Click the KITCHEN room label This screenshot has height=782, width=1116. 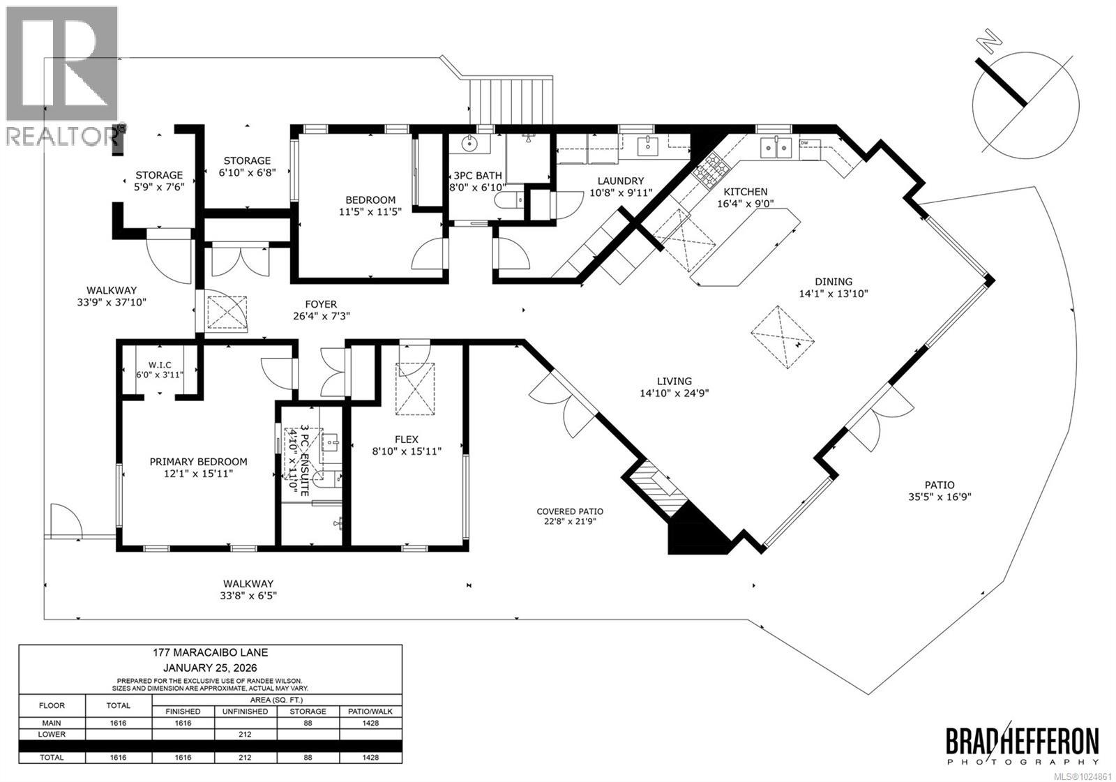[745, 192]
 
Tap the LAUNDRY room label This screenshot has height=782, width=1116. [616, 181]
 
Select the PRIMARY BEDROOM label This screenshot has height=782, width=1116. [199, 462]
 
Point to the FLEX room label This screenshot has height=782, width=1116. [407, 439]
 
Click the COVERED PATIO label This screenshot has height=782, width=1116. [570, 511]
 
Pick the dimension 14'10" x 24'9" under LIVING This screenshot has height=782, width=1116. [674, 393]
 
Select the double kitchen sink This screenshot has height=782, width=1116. [776, 147]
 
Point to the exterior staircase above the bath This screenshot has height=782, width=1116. [512, 101]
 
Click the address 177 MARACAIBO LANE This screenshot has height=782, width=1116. [210, 653]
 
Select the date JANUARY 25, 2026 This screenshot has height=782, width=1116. [210, 666]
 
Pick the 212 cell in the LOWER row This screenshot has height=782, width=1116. [246, 734]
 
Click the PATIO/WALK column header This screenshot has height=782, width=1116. [370, 712]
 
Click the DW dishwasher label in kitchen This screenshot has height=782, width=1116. [804, 143]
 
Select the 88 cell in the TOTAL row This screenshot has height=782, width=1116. [308, 757]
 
